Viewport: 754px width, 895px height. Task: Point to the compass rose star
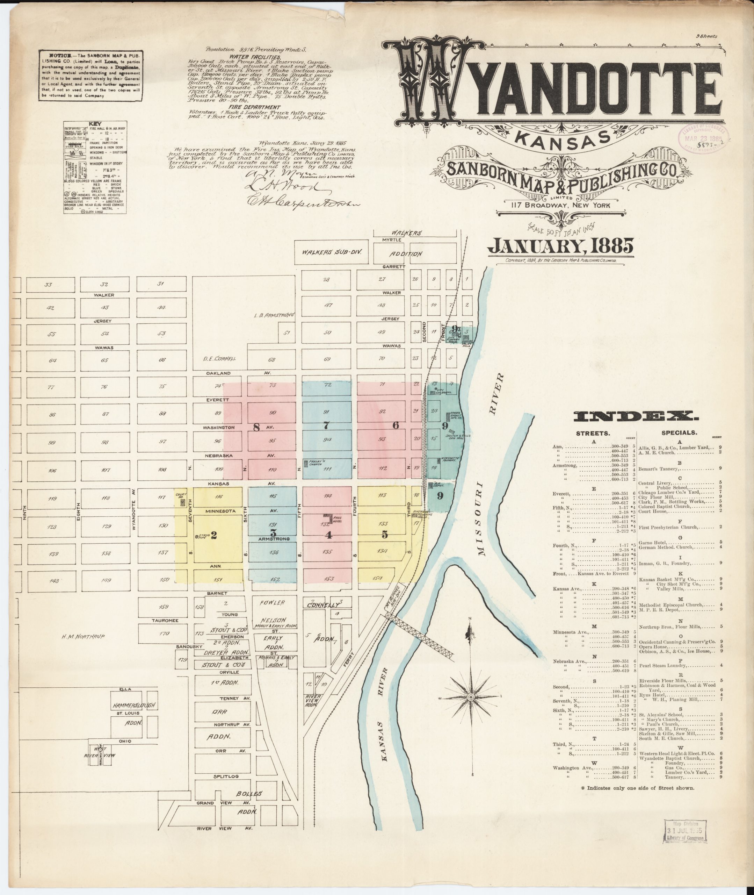[471, 697]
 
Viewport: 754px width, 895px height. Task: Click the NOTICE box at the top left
[90, 76]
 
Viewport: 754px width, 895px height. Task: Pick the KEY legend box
[94, 167]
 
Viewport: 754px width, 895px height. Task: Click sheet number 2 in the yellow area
[214, 535]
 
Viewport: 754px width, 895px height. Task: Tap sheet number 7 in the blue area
[327, 425]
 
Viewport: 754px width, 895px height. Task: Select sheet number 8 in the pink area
[256, 427]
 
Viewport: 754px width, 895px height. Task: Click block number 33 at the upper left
[48, 284]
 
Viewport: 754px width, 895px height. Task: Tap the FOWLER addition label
[272, 603]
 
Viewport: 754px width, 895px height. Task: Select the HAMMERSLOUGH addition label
[134, 705]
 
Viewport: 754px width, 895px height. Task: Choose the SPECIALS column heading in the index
[679, 433]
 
